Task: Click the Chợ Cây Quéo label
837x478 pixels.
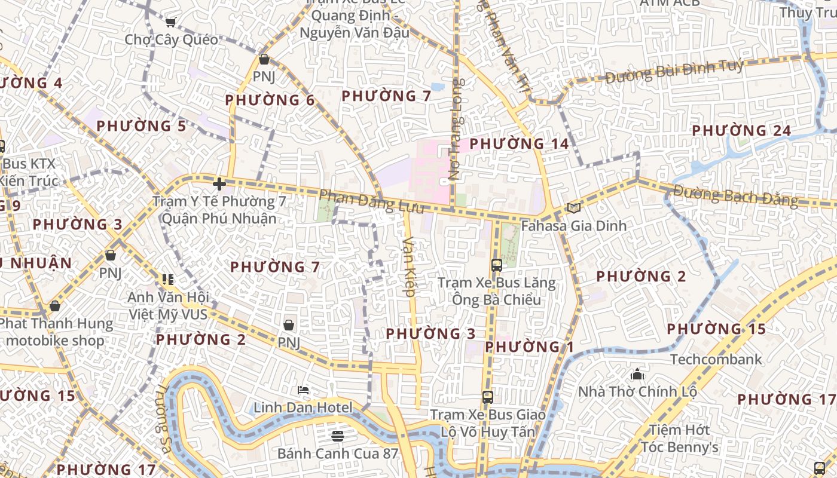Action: (x=172, y=40)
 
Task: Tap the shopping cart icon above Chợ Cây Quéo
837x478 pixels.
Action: (x=170, y=23)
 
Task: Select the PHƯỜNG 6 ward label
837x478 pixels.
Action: (x=270, y=100)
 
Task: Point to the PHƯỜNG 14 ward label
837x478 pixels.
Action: (x=519, y=143)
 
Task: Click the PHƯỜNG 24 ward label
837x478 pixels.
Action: (x=741, y=130)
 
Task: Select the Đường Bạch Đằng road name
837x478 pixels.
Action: (x=736, y=195)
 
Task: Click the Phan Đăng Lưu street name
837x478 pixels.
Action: (x=371, y=201)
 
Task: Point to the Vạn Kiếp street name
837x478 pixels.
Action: (x=409, y=266)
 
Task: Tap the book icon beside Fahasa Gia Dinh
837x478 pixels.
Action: (x=573, y=209)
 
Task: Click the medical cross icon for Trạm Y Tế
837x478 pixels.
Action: (x=219, y=184)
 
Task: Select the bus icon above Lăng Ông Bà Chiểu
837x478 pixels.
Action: (x=496, y=265)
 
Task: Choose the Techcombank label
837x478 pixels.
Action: (x=716, y=359)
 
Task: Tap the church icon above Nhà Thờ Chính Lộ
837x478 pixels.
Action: (x=637, y=375)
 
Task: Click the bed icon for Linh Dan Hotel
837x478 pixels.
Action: (x=303, y=391)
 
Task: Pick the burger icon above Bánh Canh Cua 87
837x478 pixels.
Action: (x=338, y=436)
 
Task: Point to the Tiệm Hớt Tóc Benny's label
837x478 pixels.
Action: (x=680, y=438)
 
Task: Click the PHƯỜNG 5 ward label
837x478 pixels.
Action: (x=141, y=126)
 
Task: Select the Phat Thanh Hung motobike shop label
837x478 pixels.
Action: (x=55, y=332)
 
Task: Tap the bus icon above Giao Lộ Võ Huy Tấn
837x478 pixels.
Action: (x=488, y=397)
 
